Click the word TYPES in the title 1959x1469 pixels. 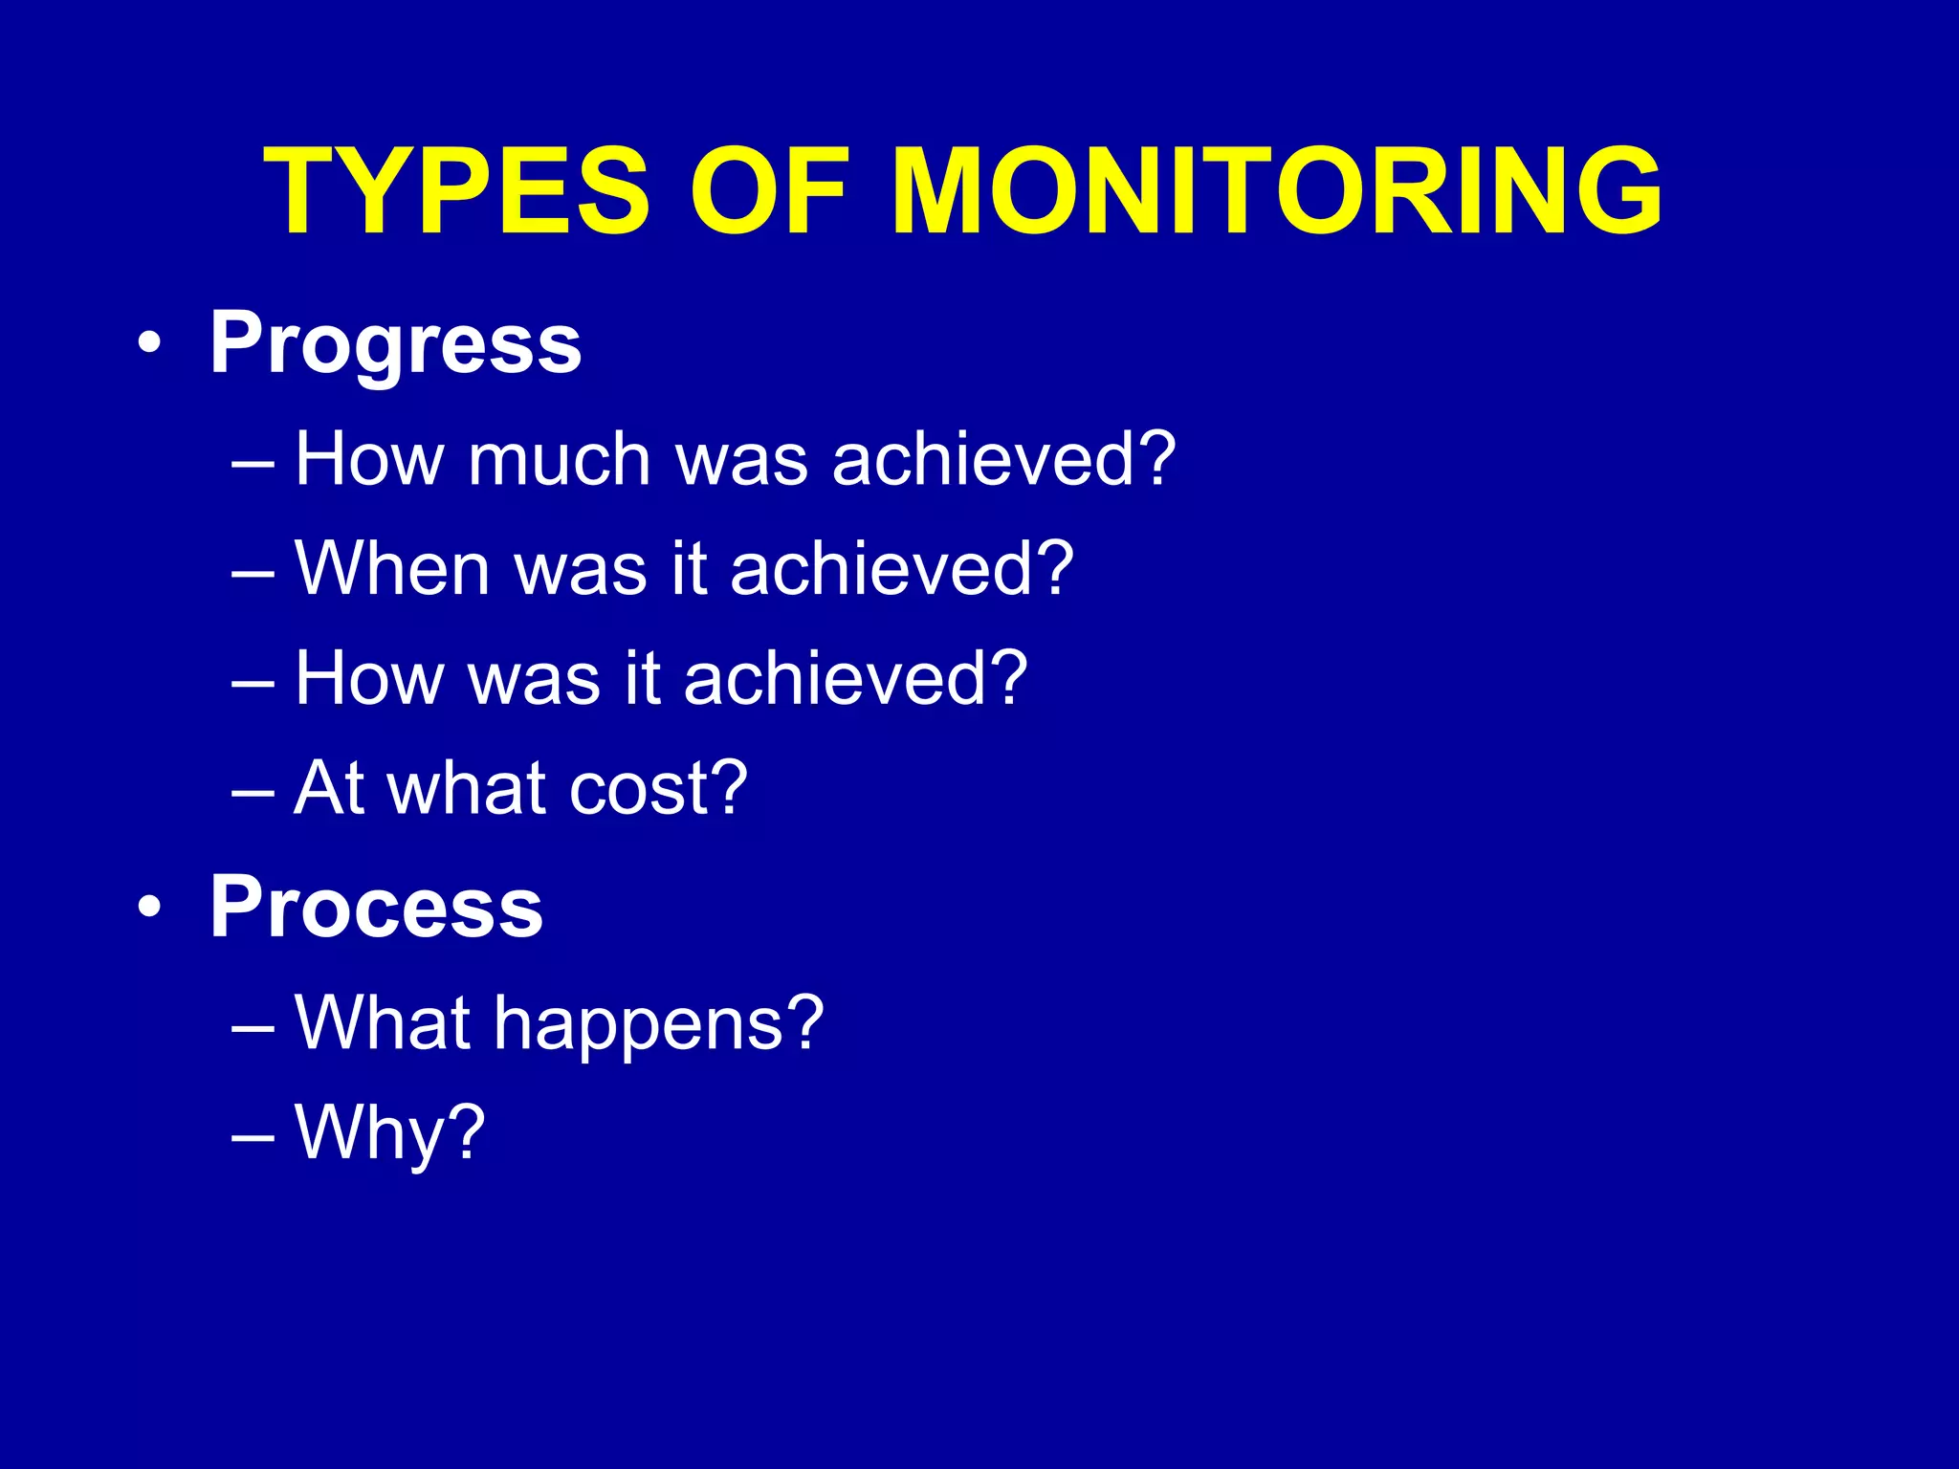click(456, 191)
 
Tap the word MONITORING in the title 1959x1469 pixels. click(1276, 191)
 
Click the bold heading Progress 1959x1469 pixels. click(395, 344)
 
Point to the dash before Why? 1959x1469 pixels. click(253, 1134)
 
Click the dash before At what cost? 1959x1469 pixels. click(253, 790)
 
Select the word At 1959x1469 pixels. click(327, 788)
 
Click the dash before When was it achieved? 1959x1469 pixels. click(253, 570)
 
